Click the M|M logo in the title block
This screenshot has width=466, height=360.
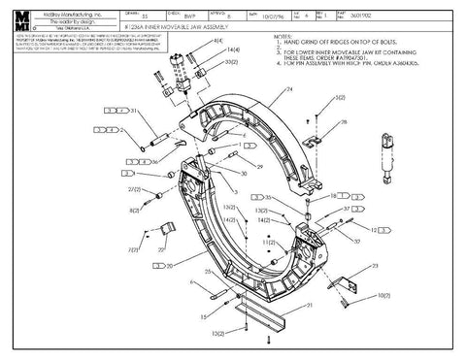20,20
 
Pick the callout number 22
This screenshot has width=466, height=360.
159,248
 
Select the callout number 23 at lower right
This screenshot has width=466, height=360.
375,265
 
